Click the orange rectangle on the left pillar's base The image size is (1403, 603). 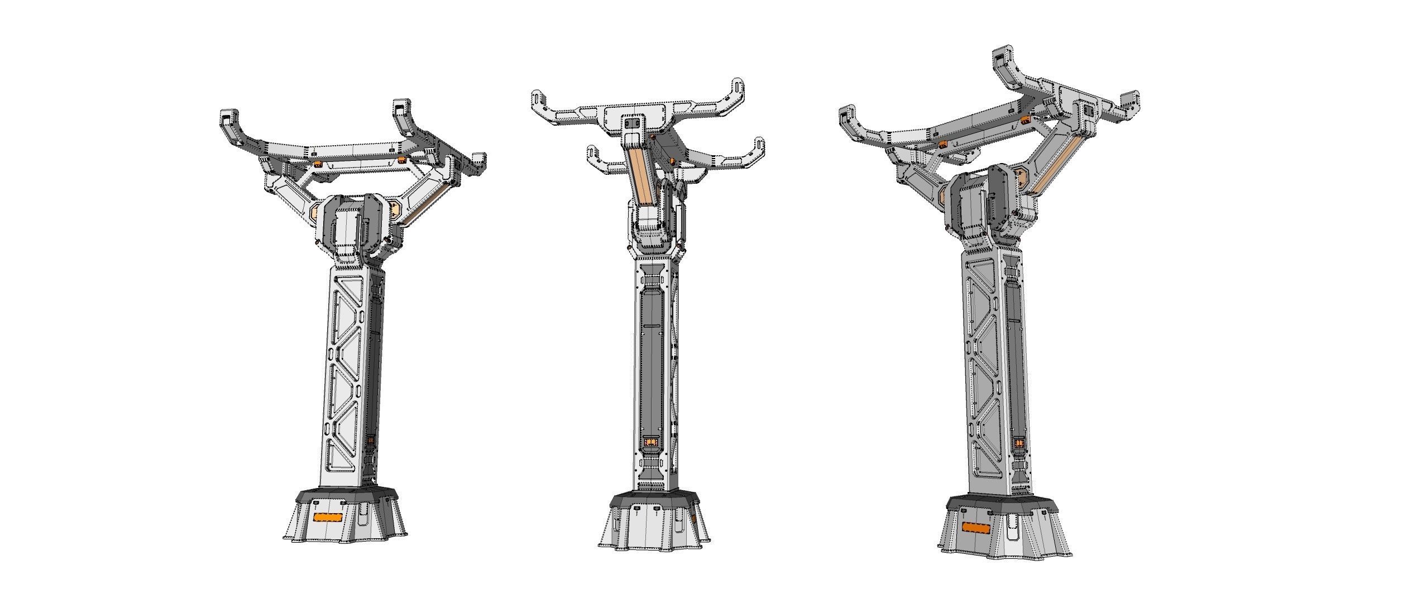327,518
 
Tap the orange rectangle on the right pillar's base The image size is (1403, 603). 976,528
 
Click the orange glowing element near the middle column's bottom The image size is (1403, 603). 651,444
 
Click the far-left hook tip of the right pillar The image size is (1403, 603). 849,115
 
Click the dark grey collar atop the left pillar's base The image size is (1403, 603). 346,496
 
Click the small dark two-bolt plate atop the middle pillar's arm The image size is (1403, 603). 633,123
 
